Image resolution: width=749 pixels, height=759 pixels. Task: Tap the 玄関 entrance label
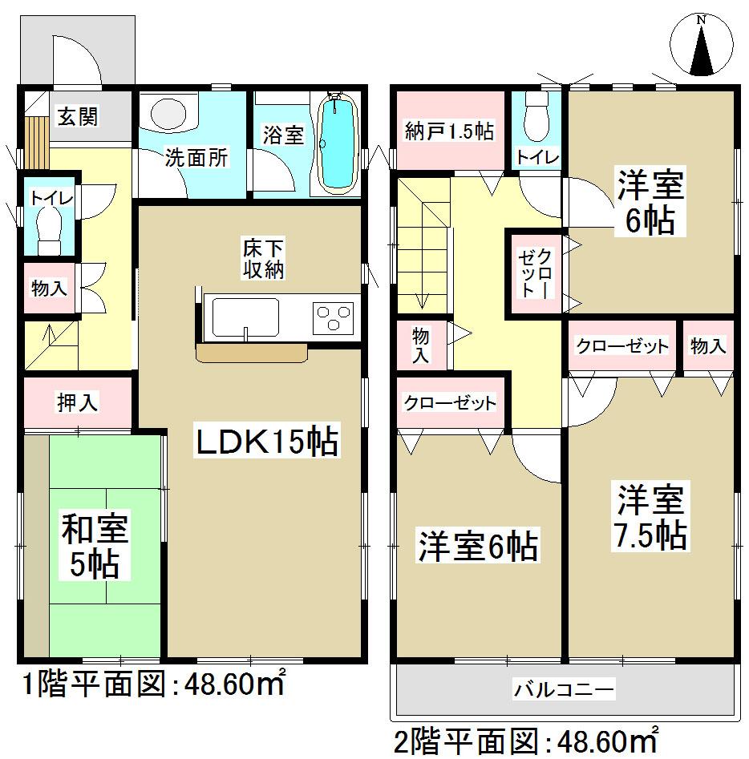(77, 118)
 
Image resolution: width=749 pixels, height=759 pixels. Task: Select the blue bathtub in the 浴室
(336, 145)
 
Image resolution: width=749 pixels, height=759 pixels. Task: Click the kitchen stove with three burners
(334, 316)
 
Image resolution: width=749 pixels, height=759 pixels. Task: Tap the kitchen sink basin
(245, 317)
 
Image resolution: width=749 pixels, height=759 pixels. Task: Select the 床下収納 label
(264, 259)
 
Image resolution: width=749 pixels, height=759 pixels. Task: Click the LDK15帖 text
(265, 442)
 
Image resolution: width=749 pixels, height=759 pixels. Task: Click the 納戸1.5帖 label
(449, 130)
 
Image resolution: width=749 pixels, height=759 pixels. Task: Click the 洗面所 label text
(196, 157)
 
